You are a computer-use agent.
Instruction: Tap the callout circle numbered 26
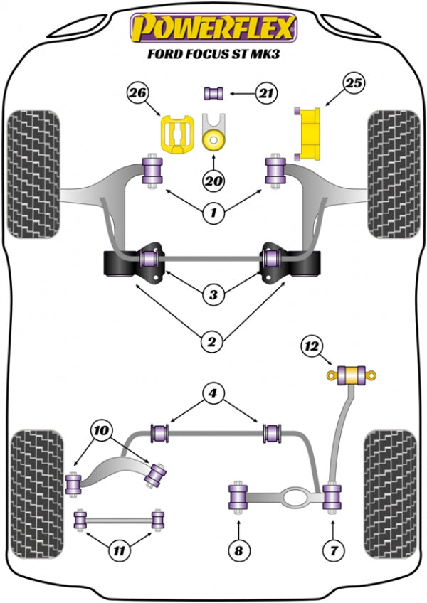click(x=139, y=92)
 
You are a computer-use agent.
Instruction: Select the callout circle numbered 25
click(x=354, y=83)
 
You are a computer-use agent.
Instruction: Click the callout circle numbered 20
click(x=212, y=181)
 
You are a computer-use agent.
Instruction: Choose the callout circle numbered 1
click(x=212, y=211)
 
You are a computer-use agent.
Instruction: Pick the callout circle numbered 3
click(x=212, y=294)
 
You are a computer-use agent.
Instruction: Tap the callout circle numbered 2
click(x=212, y=343)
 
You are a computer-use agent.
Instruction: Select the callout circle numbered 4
click(x=212, y=393)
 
